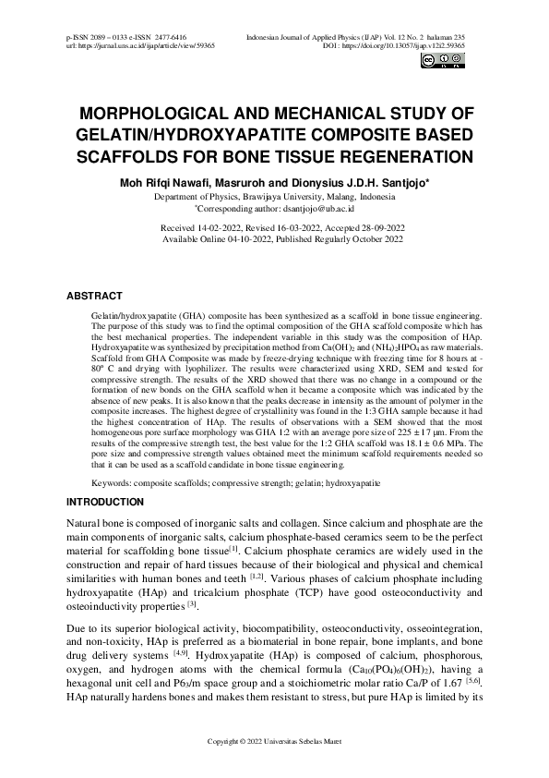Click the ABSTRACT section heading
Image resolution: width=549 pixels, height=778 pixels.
click(x=94, y=296)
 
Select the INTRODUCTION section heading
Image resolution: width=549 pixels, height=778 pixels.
click(x=104, y=502)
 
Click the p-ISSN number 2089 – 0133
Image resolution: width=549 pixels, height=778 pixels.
click(x=112, y=35)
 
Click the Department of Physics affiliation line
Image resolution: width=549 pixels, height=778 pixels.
click(x=274, y=198)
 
